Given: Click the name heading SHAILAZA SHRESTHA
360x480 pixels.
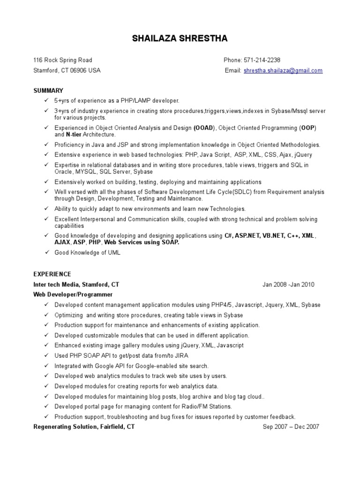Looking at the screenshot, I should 180,38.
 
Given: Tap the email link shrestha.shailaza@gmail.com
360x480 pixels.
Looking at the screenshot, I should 283,70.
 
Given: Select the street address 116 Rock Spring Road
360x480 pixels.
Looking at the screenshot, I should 62,60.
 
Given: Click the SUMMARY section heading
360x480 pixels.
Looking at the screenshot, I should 48,90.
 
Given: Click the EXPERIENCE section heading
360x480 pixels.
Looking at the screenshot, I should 52,274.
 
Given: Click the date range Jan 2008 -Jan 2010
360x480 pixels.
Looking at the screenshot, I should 288,285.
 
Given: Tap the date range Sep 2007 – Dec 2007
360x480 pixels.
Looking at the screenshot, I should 291,427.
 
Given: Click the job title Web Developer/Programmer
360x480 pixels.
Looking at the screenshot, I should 73,294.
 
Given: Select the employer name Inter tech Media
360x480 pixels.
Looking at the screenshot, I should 56,285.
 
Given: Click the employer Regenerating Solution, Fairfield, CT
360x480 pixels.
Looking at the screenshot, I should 84,427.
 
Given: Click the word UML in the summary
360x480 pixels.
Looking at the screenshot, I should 114,253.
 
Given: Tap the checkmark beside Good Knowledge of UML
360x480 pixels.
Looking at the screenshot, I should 46,253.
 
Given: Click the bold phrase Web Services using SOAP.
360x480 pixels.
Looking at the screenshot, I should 142,243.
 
